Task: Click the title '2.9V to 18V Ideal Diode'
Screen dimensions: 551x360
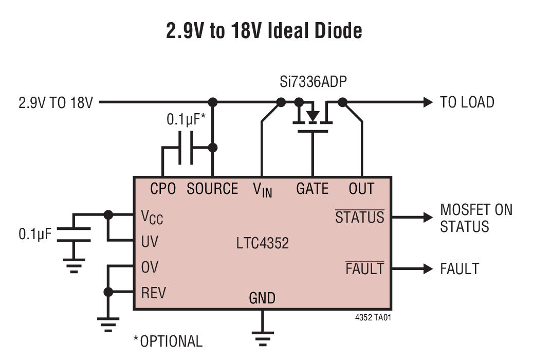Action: pyautogui.click(x=264, y=31)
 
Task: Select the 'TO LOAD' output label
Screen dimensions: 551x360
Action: pyautogui.click(x=467, y=102)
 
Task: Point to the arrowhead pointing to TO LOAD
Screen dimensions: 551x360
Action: pyautogui.click(x=428, y=102)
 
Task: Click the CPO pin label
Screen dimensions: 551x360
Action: pyautogui.click(x=163, y=189)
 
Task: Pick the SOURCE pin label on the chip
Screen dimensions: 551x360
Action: pyautogui.click(x=212, y=189)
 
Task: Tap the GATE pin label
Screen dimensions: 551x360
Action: pyautogui.click(x=312, y=189)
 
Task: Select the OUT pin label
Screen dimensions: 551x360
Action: pyautogui.click(x=361, y=189)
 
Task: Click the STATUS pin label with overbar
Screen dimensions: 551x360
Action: pyautogui.click(x=360, y=217)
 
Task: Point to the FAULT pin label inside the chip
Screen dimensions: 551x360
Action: pyautogui.click(x=364, y=268)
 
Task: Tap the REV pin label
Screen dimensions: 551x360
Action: pyautogui.click(x=153, y=293)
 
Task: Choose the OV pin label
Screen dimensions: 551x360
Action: pyautogui.click(x=150, y=267)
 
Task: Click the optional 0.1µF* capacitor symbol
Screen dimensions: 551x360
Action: pyautogui.click(x=186, y=148)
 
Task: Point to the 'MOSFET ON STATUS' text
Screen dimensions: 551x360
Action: pyautogui.click(x=476, y=218)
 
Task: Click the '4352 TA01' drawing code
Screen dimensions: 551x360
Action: pyautogui.click(x=373, y=318)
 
